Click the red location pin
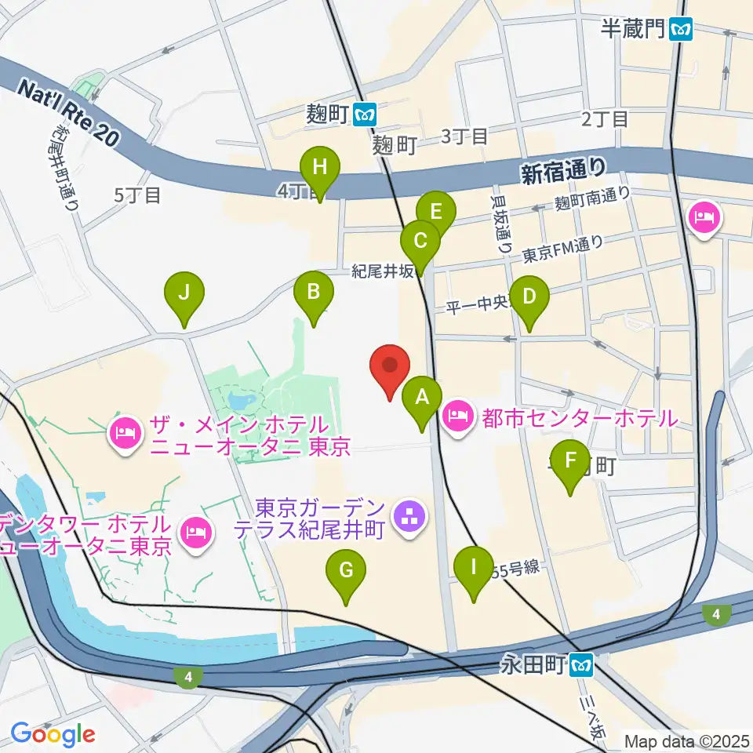pos(391,367)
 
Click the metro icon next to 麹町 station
pos(364,115)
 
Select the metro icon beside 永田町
pos(581,666)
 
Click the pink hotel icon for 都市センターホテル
pos(457,417)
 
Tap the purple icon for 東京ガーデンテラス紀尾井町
pos(408,516)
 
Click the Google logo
pos(53,734)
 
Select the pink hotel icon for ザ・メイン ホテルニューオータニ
pos(125,430)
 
